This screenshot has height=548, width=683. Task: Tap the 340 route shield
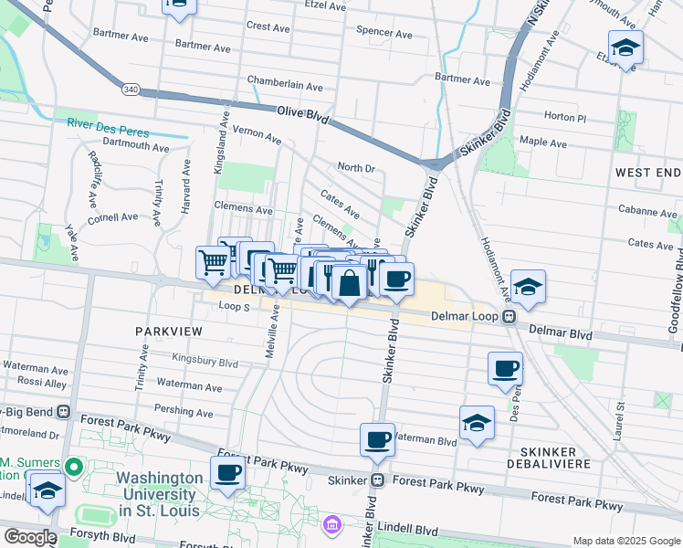131,90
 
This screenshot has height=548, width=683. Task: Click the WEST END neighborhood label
647,173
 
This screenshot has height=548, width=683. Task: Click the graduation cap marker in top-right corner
625,47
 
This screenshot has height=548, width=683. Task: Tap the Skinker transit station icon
376,479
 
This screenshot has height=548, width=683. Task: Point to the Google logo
29,537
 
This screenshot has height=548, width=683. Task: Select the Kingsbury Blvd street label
204,363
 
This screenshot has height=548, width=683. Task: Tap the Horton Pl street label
564,117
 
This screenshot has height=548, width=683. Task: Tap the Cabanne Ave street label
646,211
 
